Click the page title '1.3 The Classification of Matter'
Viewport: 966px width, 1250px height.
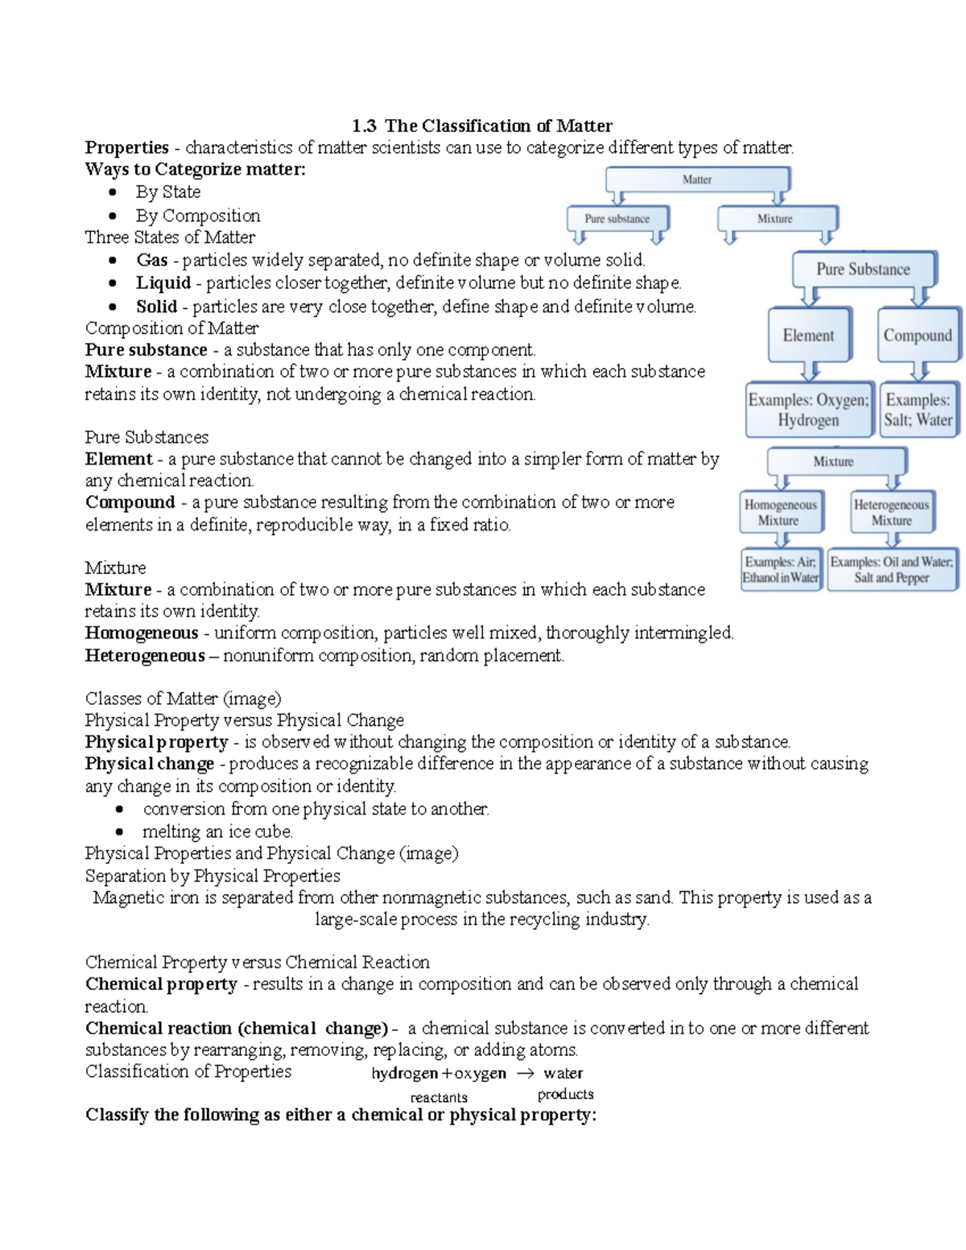[x=481, y=126]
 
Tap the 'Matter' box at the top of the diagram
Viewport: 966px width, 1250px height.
[x=697, y=179]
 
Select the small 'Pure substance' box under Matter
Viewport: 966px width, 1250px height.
[x=617, y=218]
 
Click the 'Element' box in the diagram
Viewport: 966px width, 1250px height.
[x=808, y=335]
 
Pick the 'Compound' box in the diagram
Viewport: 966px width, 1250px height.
[x=918, y=335]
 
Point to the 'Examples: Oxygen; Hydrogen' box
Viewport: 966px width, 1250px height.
[x=808, y=410]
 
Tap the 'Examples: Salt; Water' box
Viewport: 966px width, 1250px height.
[x=918, y=410]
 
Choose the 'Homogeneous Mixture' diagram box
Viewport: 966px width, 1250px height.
[x=780, y=512]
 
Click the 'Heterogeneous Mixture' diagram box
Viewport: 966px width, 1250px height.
[x=891, y=512]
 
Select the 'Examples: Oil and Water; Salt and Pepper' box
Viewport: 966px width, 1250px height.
[x=891, y=569]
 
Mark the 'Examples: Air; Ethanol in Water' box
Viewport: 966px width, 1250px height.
[x=780, y=569]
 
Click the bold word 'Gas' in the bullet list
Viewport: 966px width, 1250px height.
[x=151, y=260]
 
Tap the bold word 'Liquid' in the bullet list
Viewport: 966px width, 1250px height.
[x=163, y=283]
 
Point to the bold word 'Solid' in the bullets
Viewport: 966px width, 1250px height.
[x=156, y=306]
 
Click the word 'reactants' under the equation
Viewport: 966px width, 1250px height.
[x=439, y=1097]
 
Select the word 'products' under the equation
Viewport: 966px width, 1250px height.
[x=565, y=1094]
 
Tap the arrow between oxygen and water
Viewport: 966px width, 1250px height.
[x=525, y=1073]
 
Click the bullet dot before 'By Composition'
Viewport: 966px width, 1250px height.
[x=114, y=216]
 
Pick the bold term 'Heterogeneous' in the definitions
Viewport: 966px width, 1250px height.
[x=145, y=655]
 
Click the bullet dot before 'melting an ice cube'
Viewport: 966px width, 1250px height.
[x=120, y=831]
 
